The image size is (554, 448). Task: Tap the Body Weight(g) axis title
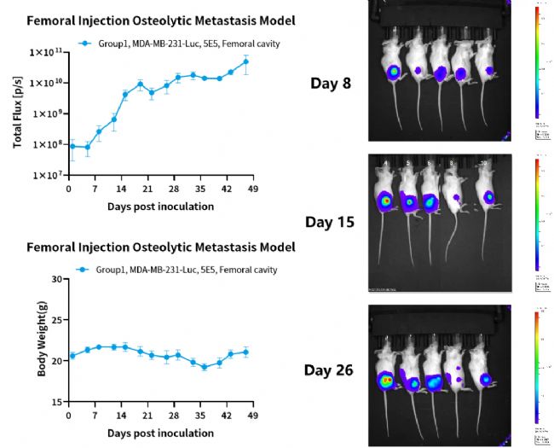[x=18, y=340]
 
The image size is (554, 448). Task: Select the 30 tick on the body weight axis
[x=56, y=279]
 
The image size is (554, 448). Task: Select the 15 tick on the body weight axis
[x=56, y=402]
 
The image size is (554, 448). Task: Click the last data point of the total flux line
[x=246, y=61]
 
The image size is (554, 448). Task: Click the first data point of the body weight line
[x=72, y=356]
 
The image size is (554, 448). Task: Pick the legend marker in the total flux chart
[x=84, y=41]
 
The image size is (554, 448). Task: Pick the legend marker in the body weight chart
[x=84, y=270]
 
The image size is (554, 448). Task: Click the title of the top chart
[x=149, y=20]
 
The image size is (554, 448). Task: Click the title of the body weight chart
[x=161, y=247]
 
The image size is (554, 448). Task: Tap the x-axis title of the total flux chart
[x=160, y=207]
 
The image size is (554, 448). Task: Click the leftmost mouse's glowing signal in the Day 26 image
[x=387, y=379]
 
